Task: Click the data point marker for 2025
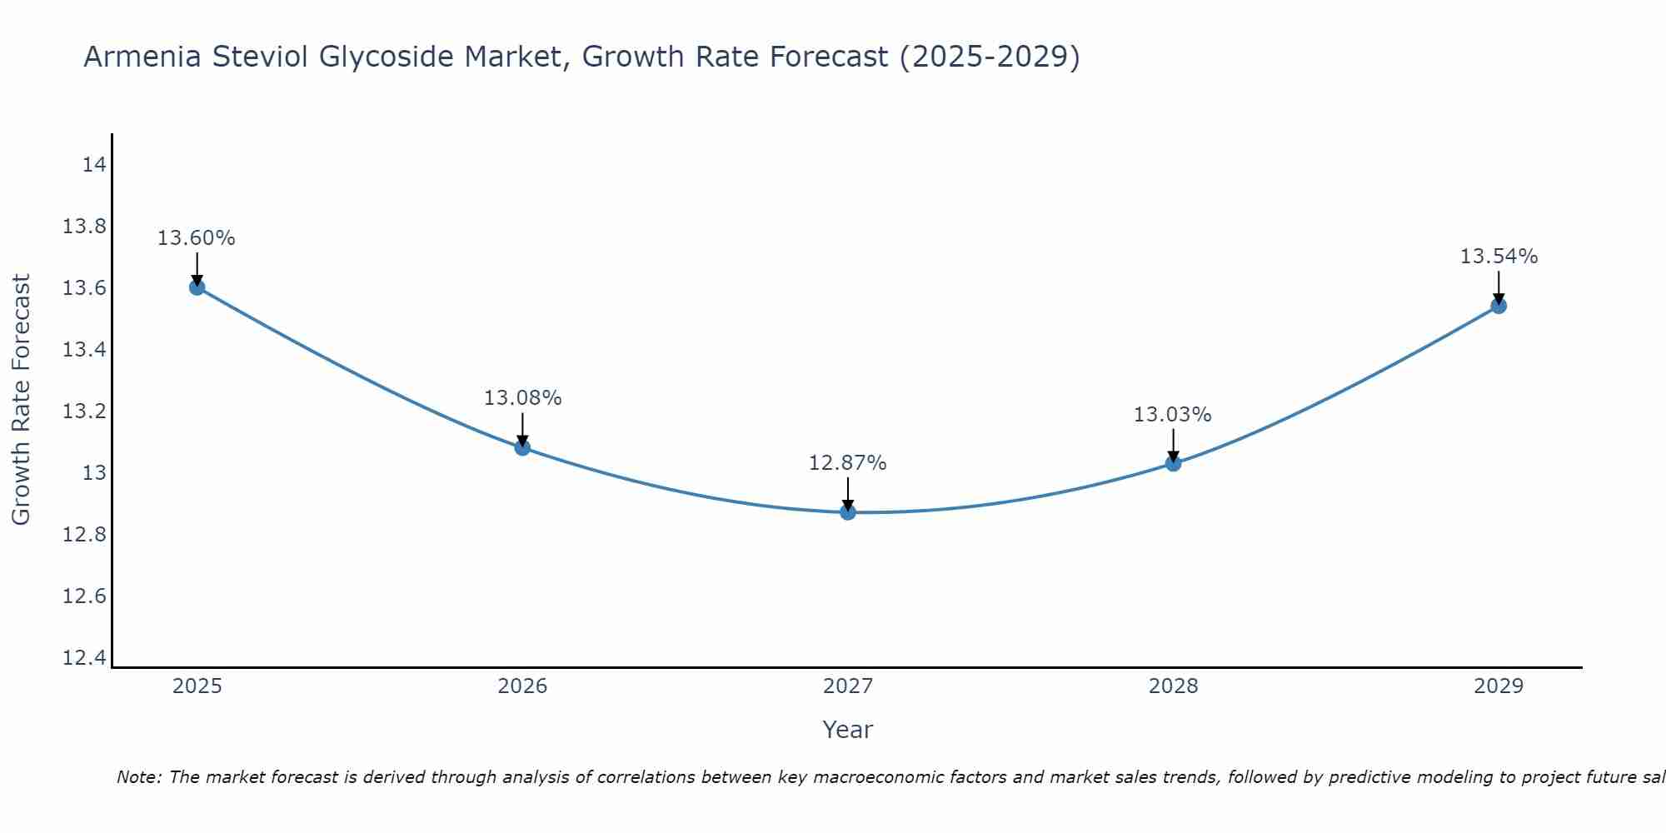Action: [197, 287]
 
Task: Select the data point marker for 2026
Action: [522, 447]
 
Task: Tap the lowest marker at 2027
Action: [848, 511]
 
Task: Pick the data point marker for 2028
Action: [1173, 463]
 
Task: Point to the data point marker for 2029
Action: [1499, 306]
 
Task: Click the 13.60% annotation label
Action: [197, 238]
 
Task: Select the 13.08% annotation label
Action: [522, 398]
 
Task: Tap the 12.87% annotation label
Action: [847, 463]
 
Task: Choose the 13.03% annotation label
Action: [1172, 415]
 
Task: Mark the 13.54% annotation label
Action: [1499, 257]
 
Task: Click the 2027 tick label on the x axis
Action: [848, 686]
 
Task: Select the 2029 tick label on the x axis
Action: [1499, 686]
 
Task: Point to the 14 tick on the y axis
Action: [94, 165]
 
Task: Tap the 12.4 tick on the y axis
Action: [85, 658]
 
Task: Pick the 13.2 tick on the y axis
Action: [85, 412]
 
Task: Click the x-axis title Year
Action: [847, 730]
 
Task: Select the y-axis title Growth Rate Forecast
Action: [21, 400]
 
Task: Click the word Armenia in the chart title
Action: [142, 57]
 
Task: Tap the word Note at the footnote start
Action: [138, 777]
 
